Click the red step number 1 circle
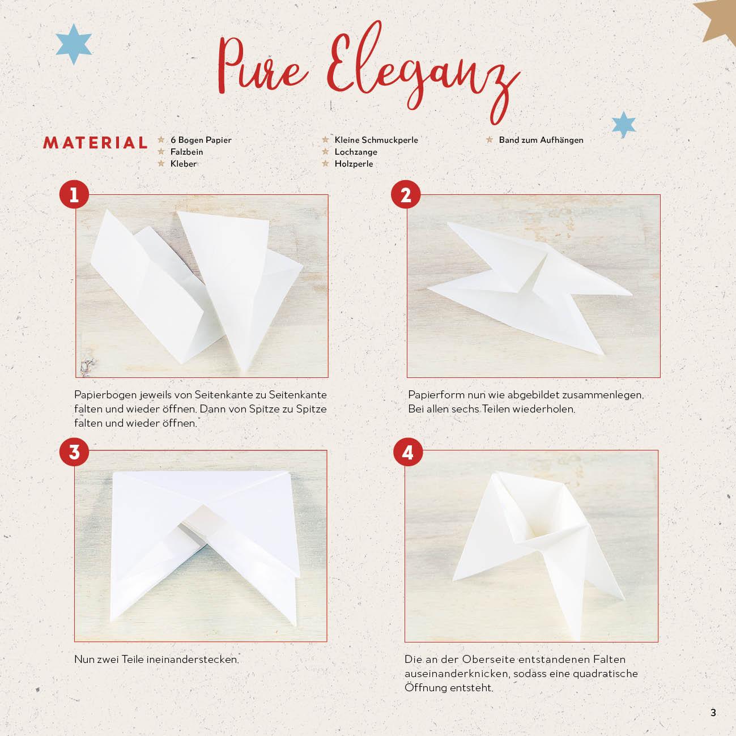(x=74, y=194)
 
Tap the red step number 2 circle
(x=406, y=194)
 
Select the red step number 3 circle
(x=74, y=452)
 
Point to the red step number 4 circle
(x=408, y=452)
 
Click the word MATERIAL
(x=95, y=143)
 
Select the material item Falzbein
(x=186, y=152)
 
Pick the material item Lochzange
(x=356, y=152)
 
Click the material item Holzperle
(x=354, y=164)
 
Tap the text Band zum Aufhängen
(x=541, y=140)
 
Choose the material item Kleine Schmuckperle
(x=376, y=140)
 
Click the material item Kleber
(x=184, y=164)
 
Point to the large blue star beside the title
(x=74, y=44)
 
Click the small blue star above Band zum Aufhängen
(x=624, y=125)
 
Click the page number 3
(x=713, y=712)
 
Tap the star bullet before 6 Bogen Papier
(x=161, y=140)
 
